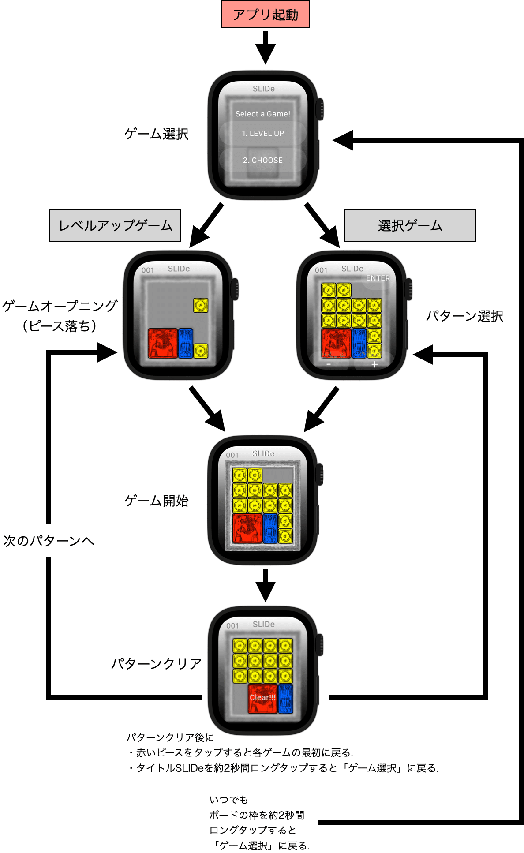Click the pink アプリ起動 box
(265, 15)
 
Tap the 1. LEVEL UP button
(263, 134)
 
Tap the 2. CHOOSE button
(263, 160)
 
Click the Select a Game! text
(263, 114)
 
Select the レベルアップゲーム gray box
(115, 225)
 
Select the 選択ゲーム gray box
(410, 225)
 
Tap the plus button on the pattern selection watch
(374, 365)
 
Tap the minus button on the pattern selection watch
(329, 365)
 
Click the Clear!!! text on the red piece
(263, 697)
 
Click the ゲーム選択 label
(157, 134)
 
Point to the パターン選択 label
(464, 316)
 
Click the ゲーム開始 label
(157, 501)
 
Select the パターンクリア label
(157, 663)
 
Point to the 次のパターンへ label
(49, 541)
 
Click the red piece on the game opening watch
(163, 343)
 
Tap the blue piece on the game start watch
(270, 528)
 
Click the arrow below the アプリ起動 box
(265, 48)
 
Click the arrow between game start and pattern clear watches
(265, 586)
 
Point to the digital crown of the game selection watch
(319, 109)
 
